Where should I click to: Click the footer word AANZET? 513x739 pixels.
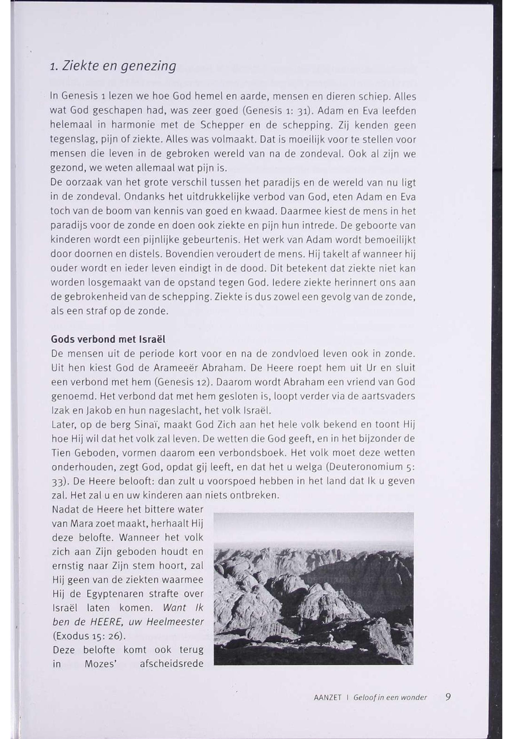pos(327,698)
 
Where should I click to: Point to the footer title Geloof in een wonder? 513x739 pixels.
pos(390,698)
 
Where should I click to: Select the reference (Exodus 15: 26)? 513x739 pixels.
pos(88,636)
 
